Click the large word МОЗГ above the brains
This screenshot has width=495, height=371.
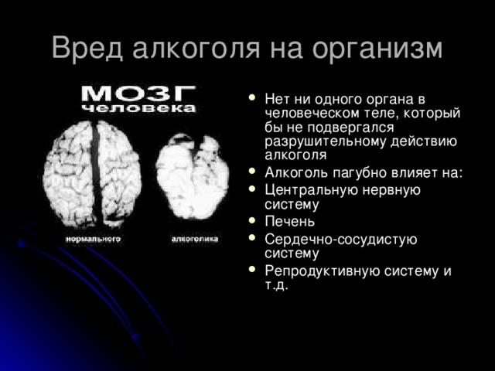coord(140,94)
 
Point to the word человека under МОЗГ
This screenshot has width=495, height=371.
coord(140,110)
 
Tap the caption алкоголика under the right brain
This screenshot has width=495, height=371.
coord(194,240)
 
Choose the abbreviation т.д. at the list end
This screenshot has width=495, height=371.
coord(276,285)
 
